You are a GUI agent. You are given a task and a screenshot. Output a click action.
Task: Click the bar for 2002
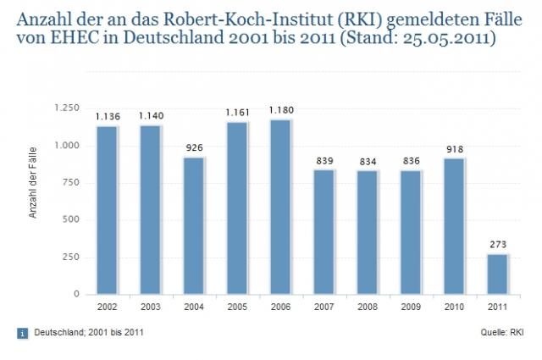tap(107, 209)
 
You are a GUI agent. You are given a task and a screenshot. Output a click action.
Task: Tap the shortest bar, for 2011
tap(496, 274)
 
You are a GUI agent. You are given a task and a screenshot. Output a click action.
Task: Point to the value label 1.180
tap(280, 109)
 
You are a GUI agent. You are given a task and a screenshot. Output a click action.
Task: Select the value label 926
tap(193, 147)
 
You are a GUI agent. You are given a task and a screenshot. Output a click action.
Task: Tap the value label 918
tap(453, 149)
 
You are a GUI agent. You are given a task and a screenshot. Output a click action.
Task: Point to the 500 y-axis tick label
tap(71, 219)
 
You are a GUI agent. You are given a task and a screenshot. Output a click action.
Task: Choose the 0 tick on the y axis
tap(77, 294)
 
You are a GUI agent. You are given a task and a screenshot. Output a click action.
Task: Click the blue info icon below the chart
tap(23, 332)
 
